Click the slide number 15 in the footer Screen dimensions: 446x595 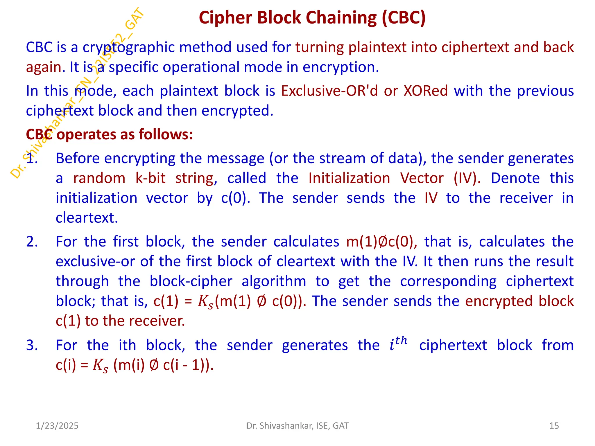tap(554, 426)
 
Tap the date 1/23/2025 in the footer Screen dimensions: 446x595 tap(57, 426)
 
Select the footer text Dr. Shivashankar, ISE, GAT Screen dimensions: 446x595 tap(297, 426)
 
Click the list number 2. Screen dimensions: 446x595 tap(32, 242)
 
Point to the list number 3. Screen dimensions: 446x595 tap(32, 345)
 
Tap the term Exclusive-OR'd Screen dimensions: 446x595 tap(329, 91)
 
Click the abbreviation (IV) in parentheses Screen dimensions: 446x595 tap(467, 178)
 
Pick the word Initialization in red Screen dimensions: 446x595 tap(349, 178)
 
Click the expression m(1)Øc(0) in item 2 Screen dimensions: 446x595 tap(381, 242)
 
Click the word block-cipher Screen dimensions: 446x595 tap(191, 281)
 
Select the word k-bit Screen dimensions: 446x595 tap(150, 178)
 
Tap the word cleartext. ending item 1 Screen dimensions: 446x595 tap(87, 218)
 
